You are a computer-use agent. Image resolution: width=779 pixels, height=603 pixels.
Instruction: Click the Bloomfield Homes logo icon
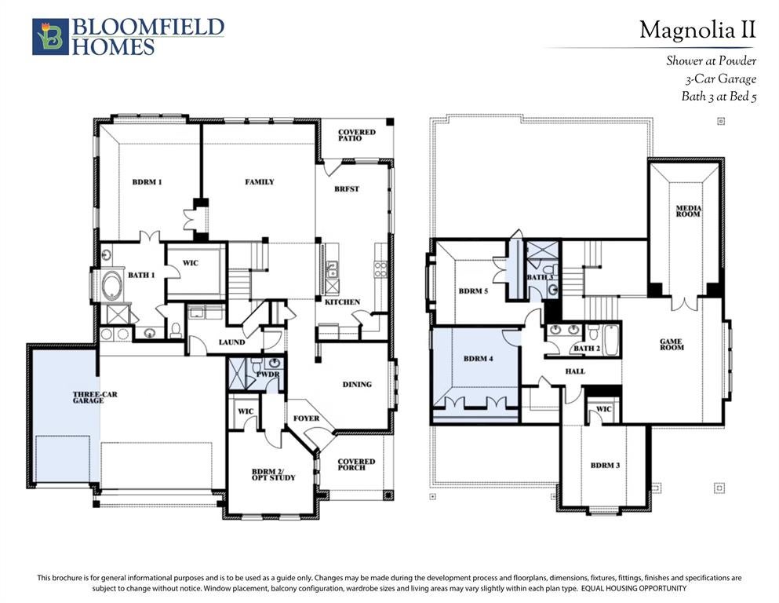pyautogui.click(x=50, y=36)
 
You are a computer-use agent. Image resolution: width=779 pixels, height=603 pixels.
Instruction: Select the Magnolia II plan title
pyautogui.click(x=697, y=30)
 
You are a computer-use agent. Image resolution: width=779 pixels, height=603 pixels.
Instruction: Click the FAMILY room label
pyautogui.click(x=260, y=182)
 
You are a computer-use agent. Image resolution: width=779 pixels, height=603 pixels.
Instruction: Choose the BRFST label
pyautogui.click(x=347, y=189)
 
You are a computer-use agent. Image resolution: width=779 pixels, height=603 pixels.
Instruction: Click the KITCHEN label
pyautogui.click(x=342, y=301)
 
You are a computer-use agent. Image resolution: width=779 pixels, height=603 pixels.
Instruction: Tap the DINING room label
pyautogui.click(x=357, y=384)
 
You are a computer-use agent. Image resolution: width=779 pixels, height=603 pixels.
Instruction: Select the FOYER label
pyautogui.click(x=307, y=418)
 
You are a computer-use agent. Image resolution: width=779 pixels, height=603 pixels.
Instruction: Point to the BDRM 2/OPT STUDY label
pyautogui.click(x=273, y=475)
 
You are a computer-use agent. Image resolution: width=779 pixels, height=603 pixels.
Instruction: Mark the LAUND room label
pyautogui.click(x=231, y=342)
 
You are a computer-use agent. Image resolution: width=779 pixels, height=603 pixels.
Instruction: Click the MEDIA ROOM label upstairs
pyautogui.click(x=688, y=211)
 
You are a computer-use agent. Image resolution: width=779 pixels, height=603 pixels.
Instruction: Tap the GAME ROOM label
pyautogui.click(x=672, y=345)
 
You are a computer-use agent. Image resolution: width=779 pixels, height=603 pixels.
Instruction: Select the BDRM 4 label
pyautogui.click(x=479, y=358)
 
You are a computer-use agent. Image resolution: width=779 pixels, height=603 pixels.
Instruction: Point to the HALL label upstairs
pyautogui.click(x=575, y=371)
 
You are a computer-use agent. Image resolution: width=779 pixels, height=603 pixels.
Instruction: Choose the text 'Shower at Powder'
pyautogui.click(x=712, y=60)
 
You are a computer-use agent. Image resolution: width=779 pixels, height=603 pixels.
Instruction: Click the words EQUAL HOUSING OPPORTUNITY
pyautogui.click(x=634, y=588)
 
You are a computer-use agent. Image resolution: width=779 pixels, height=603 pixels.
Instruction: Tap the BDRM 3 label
pyautogui.click(x=605, y=466)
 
